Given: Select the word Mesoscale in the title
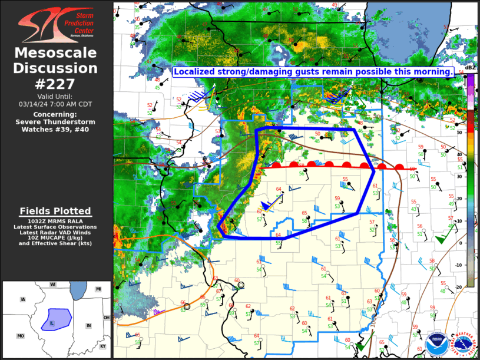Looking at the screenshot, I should coord(56,53).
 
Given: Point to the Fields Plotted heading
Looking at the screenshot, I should coord(55,211).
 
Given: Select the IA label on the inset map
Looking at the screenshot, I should coord(23,299).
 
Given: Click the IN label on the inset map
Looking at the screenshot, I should coord(88,325).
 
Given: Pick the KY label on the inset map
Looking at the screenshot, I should coord(103,346).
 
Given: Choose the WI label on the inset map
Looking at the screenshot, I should coord(52,285).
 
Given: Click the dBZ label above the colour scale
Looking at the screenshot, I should coord(470,68).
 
